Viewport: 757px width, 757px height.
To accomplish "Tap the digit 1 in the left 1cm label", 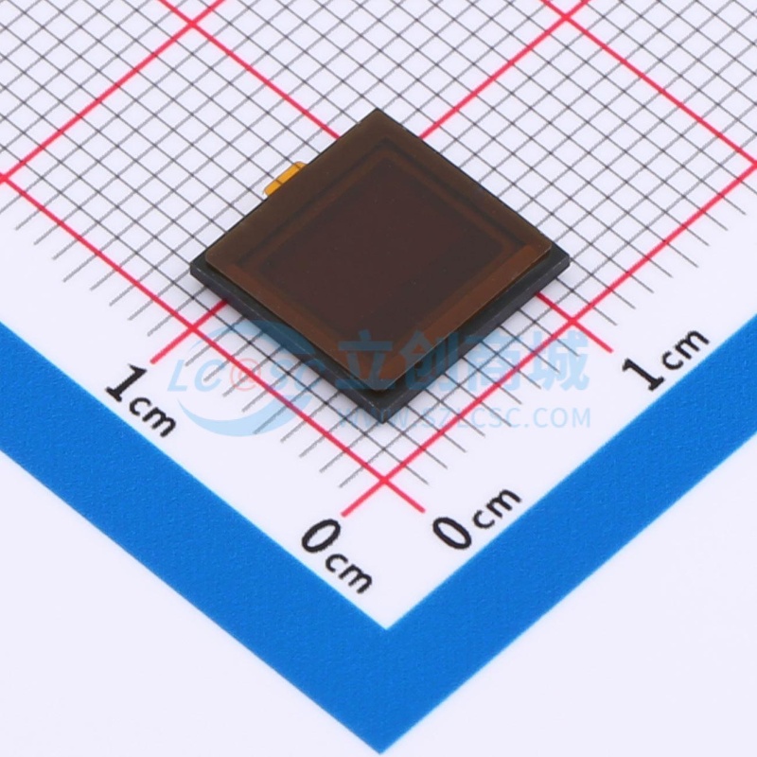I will [x=120, y=383].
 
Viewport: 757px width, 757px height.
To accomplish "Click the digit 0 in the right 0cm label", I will [x=453, y=531].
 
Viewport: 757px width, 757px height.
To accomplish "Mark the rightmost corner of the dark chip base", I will [x=567, y=254].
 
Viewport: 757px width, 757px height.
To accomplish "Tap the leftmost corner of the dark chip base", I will [x=190, y=266].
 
